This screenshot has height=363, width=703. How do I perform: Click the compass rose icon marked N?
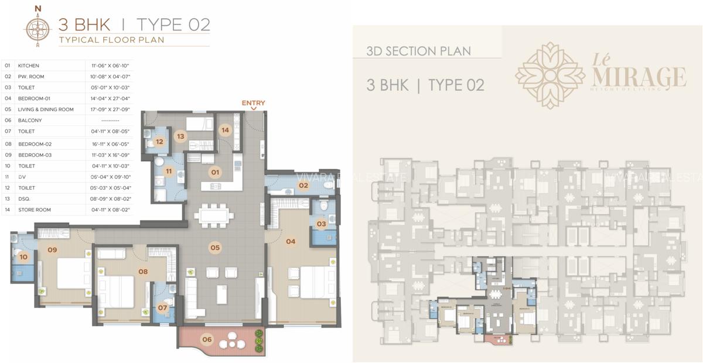click(x=39, y=26)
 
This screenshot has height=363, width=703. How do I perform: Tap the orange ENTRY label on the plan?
click(x=253, y=103)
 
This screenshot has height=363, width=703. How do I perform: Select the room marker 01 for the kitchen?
click(x=215, y=172)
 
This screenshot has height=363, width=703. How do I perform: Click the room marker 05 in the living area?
click(x=215, y=248)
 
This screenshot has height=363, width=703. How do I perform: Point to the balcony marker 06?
click(x=207, y=339)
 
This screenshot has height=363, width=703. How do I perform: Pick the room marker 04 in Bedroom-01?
click(x=291, y=241)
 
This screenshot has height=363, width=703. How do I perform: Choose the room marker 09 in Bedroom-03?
click(x=52, y=250)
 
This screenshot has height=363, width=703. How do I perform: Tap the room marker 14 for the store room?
click(x=225, y=131)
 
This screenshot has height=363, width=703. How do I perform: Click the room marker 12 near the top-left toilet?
click(x=159, y=141)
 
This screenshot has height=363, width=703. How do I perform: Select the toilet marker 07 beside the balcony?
click(x=162, y=308)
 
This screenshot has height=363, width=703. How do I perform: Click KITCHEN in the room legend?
click(x=29, y=66)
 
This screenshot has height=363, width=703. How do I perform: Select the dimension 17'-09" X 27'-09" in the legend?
click(x=110, y=109)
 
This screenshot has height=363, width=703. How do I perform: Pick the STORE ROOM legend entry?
click(x=35, y=210)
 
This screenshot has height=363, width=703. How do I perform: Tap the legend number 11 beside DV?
click(x=8, y=177)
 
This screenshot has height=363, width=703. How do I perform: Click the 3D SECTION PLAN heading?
click(x=418, y=51)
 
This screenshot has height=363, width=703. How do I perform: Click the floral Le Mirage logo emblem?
click(x=550, y=75)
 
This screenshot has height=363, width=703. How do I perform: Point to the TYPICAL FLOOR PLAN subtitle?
click(x=111, y=40)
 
